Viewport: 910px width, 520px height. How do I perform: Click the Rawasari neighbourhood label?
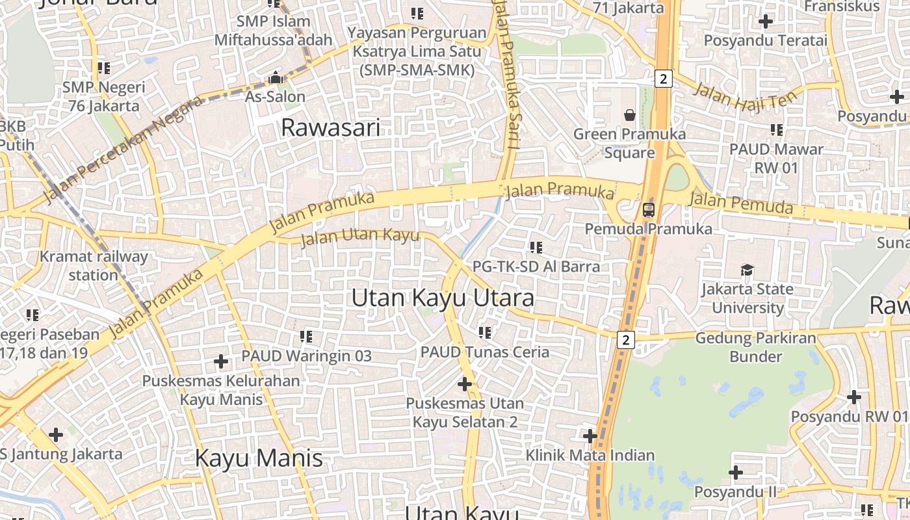pyautogui.click(x=330, y=127)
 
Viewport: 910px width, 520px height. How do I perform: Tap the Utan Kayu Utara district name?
pyautogui.click(x=443, y=298)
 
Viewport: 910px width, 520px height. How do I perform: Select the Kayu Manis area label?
pyautogui.click(x=259, y=458)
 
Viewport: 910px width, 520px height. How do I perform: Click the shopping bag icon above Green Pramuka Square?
pyautogui.click(x=629, y=116)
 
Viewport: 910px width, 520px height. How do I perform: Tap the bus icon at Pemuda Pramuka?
pyautogui.click(x=648, y=210)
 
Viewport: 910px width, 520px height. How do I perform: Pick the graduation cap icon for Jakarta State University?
pyautogui.click(x=747, y=270)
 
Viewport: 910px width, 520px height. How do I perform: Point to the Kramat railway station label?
pyautogui.click(x=94, y=265)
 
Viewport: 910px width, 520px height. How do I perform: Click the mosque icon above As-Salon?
pyautogui.click(x=276, y=78)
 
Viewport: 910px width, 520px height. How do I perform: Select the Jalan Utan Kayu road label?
pyautogui.click(x=360, y=237)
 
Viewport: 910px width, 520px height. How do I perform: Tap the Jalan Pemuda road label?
pyautogui.click(x=741, y=203)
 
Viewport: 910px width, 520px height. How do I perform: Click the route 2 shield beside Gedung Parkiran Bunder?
pyautogui.click(x=625, y=339)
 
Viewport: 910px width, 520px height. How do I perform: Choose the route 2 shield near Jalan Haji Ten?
pyautogui.click(x=662, y=79)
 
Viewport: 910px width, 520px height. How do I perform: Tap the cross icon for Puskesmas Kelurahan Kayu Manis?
pyautogui.click(x=221, y=361)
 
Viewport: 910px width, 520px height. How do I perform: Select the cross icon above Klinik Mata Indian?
pyautogui.click(x=590, y=435)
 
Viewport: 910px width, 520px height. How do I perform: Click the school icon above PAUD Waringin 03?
pyautogui.click(x=306, y=337)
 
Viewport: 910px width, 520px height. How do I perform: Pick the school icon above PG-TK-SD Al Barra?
pyautogui.click(x=536, y=247)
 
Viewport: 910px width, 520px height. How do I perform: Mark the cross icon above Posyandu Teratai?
pyautogui.click(x=766, y=21)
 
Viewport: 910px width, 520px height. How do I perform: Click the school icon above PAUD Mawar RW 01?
pyautogui.click(x=776, y=130)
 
